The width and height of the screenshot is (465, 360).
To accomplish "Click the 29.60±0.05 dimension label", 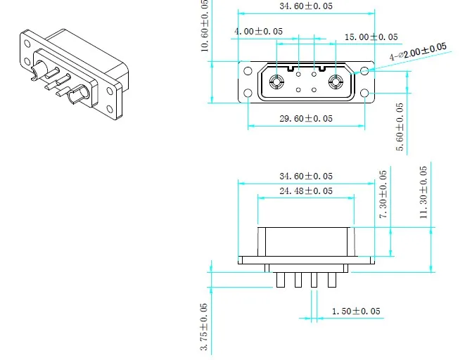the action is pyautogui.click(x=306, y=119).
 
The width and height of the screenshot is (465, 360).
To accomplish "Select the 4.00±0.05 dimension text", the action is pyautogui.click(x=258, y=31).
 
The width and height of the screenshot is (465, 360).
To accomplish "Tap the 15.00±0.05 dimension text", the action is pyautogui.click(x=371, y=37).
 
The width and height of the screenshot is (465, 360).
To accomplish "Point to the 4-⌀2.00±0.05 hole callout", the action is pyautogui.click(x=418, y=51).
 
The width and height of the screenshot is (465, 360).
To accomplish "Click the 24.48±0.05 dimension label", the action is pyautogui.click(x=306, y=191).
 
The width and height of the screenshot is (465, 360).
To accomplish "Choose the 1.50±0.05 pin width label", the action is pyautogui.click(x=356, y=311).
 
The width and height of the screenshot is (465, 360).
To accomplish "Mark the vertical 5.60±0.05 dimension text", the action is pyautogui.click(x=400, y=127).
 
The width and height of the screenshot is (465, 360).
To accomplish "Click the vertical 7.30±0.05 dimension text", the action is pyautogui.click(x=383, y=194).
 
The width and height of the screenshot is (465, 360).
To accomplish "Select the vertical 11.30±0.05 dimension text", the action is pyautogui.click(x=423, y=192).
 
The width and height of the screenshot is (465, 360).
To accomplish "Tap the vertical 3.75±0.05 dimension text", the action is pyautogui.click(x=204, y=327).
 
